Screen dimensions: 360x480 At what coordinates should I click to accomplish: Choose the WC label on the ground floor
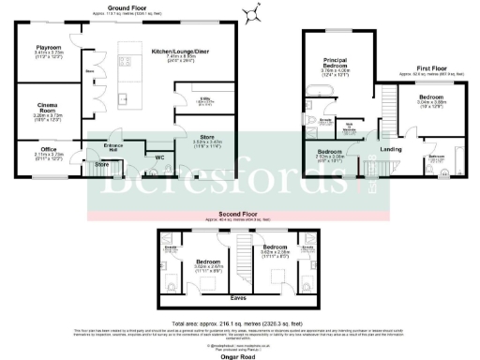click(158, 156)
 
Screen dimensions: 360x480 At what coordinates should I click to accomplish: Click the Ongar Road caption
click(235, 354)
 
